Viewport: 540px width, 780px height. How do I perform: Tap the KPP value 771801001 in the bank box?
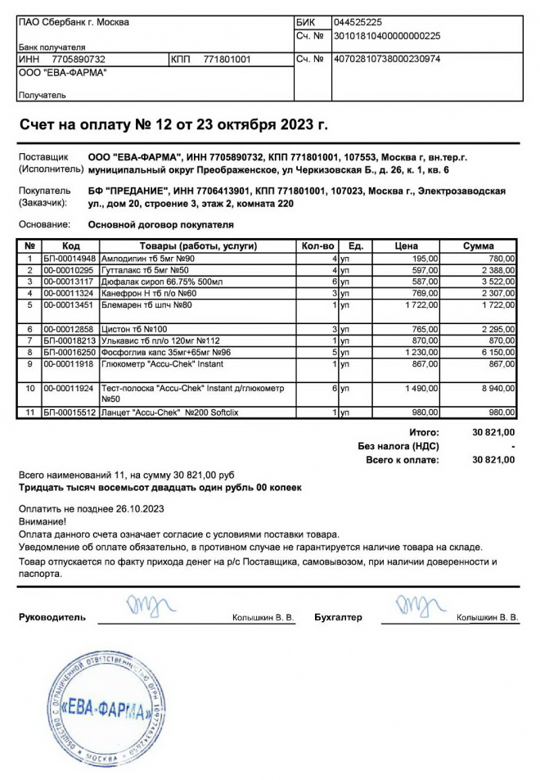pos(227,60)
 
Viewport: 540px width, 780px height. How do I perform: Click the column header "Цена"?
pos(406,246)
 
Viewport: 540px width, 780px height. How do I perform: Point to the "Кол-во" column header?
pos(319,246)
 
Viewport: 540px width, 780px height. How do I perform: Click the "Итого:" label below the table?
pos(423,432)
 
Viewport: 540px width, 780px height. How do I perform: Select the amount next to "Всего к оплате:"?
pos(493,460)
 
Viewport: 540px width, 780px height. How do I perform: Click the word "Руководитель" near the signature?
pos(52,617)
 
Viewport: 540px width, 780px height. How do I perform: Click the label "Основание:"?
pos(44,224)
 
